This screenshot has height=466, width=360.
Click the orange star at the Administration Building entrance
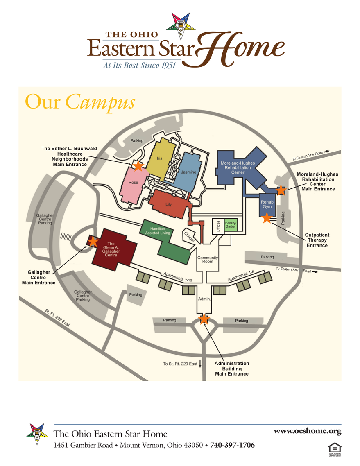pos(204,319)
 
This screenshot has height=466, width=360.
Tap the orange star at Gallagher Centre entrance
pos(93,241)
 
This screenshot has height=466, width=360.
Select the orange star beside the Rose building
pos(138,165)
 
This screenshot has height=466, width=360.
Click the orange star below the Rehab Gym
pos(267,217)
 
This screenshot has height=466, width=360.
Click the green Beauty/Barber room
pos(231,225)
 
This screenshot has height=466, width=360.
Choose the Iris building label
pos(160,158)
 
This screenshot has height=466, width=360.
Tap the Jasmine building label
pos(188,172)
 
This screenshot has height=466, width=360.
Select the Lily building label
pos(168,204)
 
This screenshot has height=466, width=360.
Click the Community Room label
pos(208,260)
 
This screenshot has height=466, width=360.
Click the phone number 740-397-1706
pos(232,445)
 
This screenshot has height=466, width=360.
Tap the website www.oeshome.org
pos(307,431)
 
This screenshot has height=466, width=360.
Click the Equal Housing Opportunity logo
pos(335,449)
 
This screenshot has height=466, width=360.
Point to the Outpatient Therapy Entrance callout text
pos(317,240)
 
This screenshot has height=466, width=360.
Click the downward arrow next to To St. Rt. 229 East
pos(200,364)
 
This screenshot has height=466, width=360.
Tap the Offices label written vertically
pos(218,226)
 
